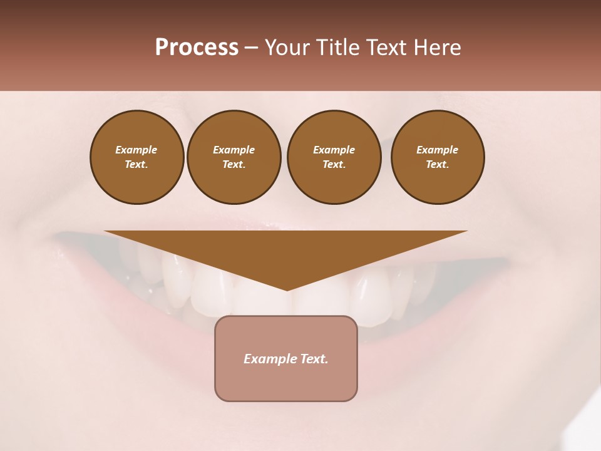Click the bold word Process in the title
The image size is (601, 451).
click(x=197, y=48)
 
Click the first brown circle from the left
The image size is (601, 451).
click(x=136, y=157)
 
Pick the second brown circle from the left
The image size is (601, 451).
click(x=234, y=157)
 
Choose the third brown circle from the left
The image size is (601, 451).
click(x=334, y=157)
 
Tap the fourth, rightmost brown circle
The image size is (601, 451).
click(x=438, y=157)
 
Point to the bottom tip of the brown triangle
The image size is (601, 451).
click(x=287, y=290)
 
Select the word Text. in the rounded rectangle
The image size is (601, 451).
click(x=314, y=359)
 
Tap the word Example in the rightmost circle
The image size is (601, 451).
click(x=438, y=150)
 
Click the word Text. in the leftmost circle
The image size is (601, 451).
click(x=136, y=165)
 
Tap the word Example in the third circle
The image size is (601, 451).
click(x=334, y=150)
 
